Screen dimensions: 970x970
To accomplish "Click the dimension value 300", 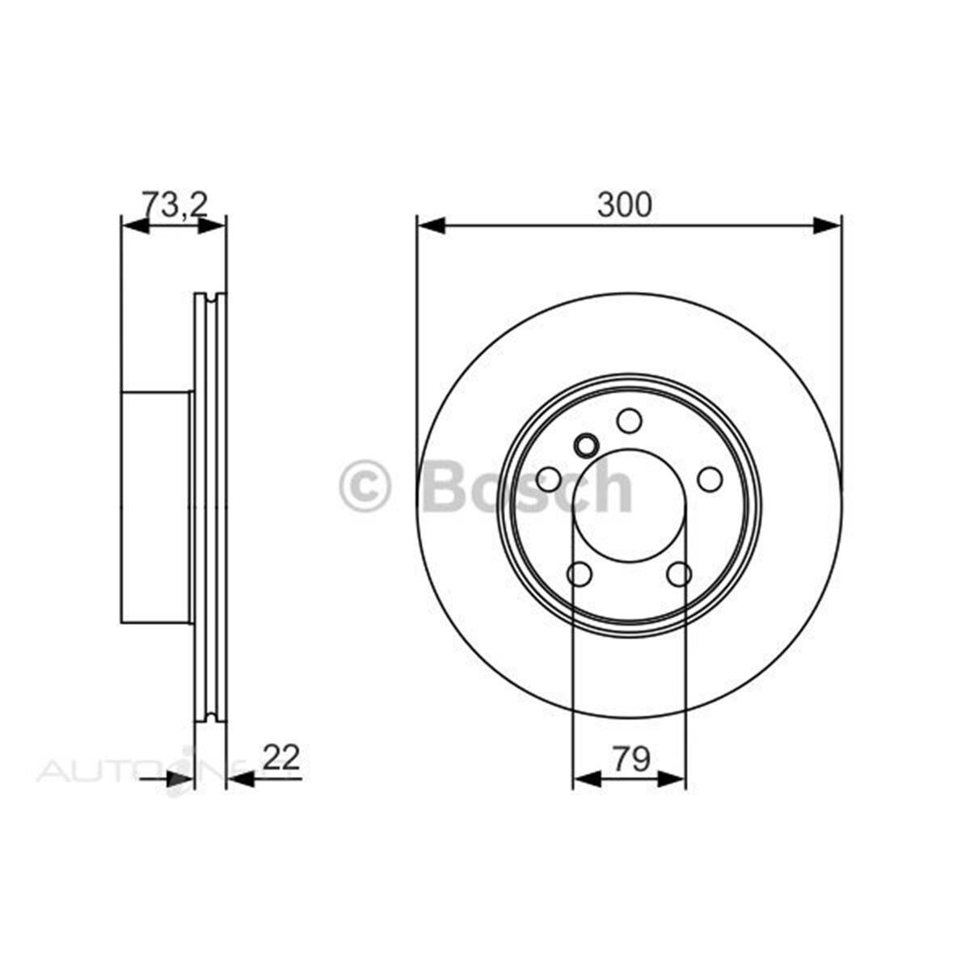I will tap(623, 206).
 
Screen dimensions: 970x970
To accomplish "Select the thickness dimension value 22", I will tap(280, 758).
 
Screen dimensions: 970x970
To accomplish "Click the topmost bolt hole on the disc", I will tap(629, 421).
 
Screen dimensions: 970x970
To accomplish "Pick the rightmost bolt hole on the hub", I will tap(710, 479).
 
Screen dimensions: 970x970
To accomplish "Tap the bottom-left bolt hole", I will tap(580, 574).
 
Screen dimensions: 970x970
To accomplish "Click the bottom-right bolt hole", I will tap(679, 574).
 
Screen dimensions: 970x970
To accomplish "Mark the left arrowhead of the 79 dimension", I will tap(586, 779).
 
